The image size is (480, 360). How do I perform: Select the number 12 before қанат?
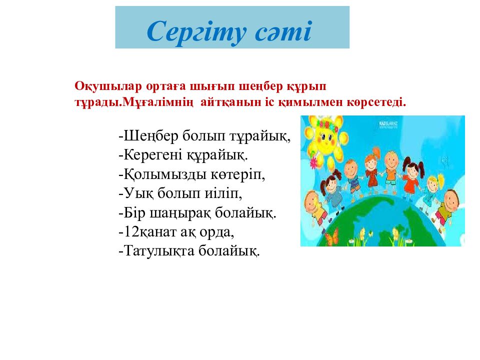129,231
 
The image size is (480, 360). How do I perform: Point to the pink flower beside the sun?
313,162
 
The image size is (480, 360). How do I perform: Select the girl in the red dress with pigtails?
411,174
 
